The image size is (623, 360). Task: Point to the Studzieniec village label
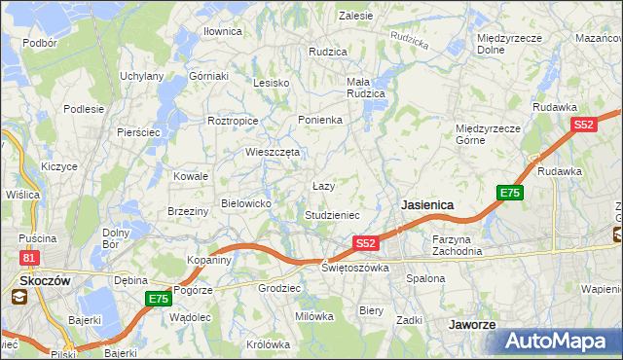point(333,215)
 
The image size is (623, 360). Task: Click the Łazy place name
point(324,186)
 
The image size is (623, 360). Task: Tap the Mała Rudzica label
point(366,88)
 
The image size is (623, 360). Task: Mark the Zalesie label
point(356,16)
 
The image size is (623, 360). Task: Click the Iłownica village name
point(222,31)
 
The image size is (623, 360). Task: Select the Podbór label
point(39,43)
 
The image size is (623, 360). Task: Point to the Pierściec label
point(138,132)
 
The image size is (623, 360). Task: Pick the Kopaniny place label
point(209,261)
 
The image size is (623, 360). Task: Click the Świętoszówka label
point(355,268)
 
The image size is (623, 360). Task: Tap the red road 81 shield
point(30,257)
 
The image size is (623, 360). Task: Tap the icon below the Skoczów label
point(19,298)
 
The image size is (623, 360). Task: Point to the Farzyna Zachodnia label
point(458,245)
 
